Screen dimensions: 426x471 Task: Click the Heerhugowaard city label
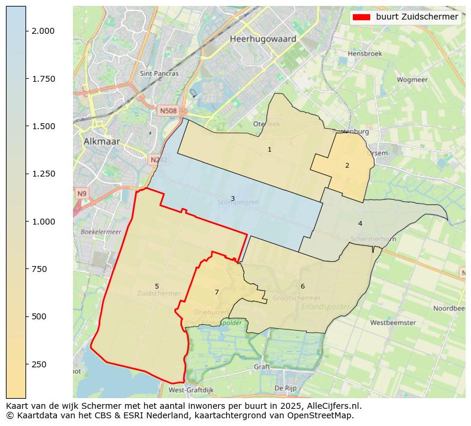click(263, 39)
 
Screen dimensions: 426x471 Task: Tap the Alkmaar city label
click(101, 142)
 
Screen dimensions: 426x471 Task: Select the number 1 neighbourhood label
click(269, 149)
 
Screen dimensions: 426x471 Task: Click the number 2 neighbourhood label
click(347, 165)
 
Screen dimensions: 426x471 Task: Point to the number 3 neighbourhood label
click(233, 198)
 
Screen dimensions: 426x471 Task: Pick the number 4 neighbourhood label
click(359, 223)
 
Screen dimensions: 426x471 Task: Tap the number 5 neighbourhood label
click(157, 286)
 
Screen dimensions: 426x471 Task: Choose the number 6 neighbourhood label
click(303, 286)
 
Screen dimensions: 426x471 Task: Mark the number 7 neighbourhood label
click(217, 292)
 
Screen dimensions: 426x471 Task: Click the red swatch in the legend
click(361, 17)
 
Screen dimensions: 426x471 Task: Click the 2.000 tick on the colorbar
click(43, 31)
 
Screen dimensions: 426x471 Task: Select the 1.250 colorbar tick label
click(43, 174)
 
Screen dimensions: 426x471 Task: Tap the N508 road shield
click(168, 111)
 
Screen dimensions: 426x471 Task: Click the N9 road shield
click(81, 194)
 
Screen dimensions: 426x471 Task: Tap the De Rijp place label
click(285, 388)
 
